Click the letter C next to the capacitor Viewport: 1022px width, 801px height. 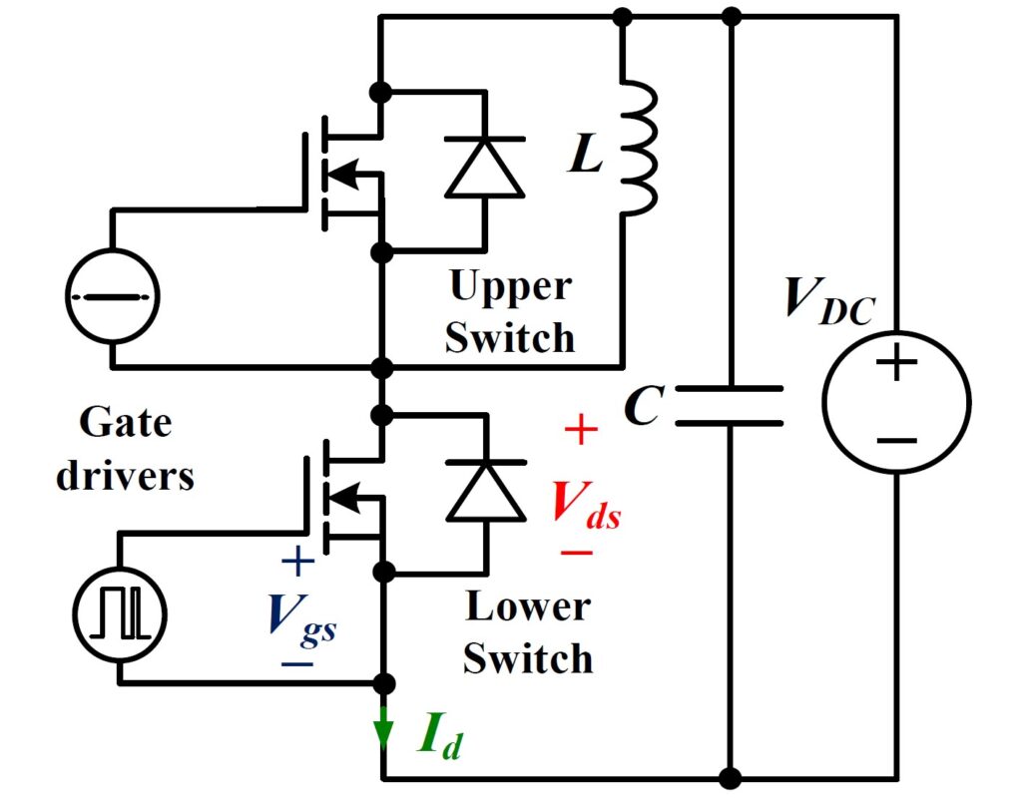click(642, 405)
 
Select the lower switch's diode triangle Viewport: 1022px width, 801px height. click(485, 490)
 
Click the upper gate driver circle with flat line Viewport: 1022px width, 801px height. click(112, 297)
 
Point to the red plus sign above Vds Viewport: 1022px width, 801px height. click(581, 431)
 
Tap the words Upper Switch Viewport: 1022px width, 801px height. click(510, 312)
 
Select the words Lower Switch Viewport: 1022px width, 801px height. click(528, 632)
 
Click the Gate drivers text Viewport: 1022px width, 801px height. click(126, 449)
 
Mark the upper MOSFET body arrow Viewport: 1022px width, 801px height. click(344, 174)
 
